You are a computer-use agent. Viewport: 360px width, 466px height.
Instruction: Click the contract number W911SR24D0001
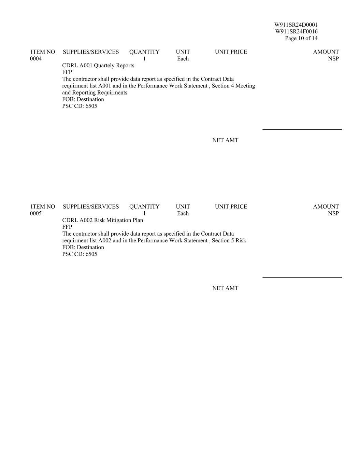click(296, 25)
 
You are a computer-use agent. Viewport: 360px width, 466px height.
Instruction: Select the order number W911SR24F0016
click(296, 31)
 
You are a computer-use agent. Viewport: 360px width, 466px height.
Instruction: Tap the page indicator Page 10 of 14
click(301, 38)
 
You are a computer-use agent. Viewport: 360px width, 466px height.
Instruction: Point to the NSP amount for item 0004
click(333, 59)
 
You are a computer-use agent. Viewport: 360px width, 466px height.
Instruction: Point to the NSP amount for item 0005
click(333, 213)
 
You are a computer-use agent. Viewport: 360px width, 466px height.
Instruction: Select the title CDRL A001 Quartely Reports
click(98, 66)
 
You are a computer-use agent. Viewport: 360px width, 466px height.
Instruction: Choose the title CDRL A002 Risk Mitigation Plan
click(102, 220)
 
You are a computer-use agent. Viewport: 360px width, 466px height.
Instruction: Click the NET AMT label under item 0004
click(225, 140)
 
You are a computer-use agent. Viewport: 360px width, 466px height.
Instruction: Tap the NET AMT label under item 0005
click(225, 288)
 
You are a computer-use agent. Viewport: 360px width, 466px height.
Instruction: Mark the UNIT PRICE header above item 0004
click(231, 52)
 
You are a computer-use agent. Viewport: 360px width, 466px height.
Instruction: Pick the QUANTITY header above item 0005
click(144, 207)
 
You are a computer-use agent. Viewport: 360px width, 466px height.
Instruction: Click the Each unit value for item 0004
click(183, 59)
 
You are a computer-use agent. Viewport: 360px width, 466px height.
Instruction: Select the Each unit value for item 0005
click(183, 213)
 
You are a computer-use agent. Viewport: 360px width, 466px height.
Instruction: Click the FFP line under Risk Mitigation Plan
click(67, 227)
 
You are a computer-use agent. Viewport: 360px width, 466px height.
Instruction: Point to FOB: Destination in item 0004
click(83, 99)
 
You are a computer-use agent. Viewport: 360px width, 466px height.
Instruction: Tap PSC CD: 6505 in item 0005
click(80, 254)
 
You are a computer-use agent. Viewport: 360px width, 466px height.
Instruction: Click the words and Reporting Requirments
click(95, 93)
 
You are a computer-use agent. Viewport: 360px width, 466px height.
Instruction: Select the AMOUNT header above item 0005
click(326, 207)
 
